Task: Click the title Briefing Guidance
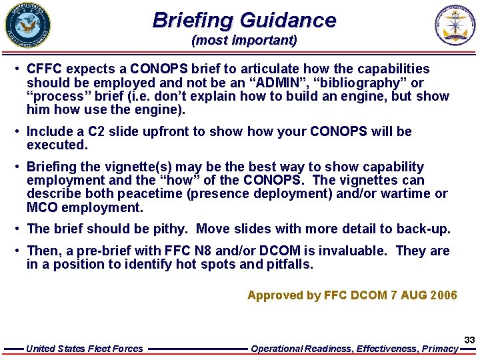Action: tap(244, 20)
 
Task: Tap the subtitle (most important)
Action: tap(244, 41)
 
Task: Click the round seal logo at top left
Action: tap(27, 25)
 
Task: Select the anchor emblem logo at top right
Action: tap(456, 25)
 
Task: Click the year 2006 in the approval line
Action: tap(443, 295)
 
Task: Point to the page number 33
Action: tap(469, 340)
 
